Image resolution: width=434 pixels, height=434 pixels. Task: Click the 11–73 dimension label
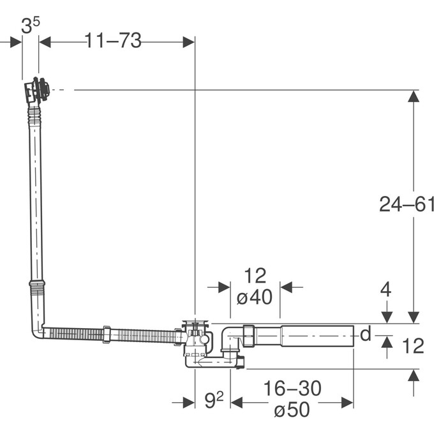(x=113, y=41)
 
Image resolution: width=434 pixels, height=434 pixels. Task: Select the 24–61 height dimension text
(x=407, y=204)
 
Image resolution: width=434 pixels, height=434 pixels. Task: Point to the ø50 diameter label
(x=292, y=410)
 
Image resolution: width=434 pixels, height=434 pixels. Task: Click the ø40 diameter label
(x=254, y=297)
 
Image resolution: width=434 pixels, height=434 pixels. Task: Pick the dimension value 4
(x=385, y=289)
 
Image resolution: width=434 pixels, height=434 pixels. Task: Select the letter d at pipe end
(x=365, y=334)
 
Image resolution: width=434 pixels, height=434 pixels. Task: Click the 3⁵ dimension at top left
(x=30, y=26)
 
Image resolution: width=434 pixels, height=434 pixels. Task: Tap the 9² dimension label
(x=214, y=401)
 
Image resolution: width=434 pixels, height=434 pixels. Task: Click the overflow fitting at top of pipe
(x=37, y=91)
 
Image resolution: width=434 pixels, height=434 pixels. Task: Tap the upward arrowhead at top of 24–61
(x=414, y=96)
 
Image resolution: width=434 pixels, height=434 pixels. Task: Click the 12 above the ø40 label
(x=255, y=276)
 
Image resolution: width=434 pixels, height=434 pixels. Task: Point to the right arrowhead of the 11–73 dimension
(x=189, y=42)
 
